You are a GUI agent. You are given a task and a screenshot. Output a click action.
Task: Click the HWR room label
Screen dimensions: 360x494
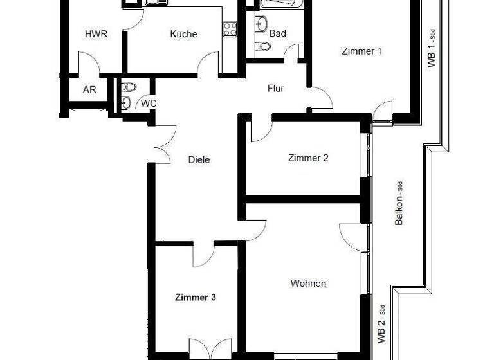(x=96, y=34)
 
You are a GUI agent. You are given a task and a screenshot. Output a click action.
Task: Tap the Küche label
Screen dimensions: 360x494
(x=183, y=34)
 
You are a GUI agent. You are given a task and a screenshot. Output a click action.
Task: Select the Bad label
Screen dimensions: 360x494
(x=278, y=33)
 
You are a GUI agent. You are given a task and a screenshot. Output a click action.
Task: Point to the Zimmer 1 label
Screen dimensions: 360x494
(x=362, y=51)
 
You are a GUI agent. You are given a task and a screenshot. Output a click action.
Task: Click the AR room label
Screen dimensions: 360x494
(x=89, y=90)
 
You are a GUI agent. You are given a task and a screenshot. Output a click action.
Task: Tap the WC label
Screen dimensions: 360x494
(x=148, y=103)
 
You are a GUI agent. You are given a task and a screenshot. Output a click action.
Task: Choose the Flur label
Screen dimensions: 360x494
(x=275, y=89)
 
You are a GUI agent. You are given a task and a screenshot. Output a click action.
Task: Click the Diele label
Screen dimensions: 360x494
(x=199, y=160)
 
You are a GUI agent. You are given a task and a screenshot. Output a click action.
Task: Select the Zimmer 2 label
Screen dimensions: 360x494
(x=308, y=157)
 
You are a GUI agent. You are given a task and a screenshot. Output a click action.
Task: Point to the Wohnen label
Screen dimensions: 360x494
(x=307, y=283)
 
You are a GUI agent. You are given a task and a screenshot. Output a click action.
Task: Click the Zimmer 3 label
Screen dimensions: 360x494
(x=195, y=298)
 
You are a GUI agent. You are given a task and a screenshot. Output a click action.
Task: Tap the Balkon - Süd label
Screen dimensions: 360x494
(x=399, y=203)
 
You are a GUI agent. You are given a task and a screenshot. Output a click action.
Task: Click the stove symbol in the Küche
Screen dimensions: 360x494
(x=229, y=28)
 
